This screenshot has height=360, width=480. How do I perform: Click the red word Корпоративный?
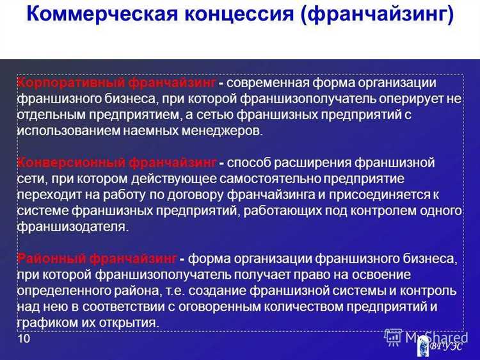pyautogui.click(x=70, y=84)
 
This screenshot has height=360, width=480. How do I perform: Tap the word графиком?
pyautogui.click(x=45, y=322)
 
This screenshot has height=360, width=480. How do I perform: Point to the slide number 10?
pyautogui.click(x=24, y=339)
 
